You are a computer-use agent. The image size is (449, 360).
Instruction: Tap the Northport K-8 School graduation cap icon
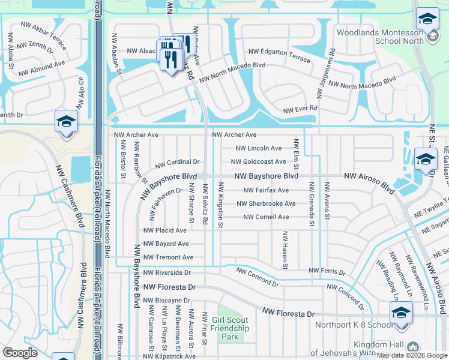(x=400, y=312)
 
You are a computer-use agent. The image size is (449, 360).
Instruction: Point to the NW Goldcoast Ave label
(x=258, y=162)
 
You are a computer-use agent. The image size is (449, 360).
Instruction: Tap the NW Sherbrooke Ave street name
(x=265, y=204)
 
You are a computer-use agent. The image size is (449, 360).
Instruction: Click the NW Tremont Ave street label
(x=168, y=257)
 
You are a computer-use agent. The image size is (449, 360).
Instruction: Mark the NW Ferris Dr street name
(x=327, y=272)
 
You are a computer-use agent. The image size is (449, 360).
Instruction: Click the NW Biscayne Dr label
(x=167, y=300)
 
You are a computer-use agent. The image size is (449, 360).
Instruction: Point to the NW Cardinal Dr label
(x=177, y=163)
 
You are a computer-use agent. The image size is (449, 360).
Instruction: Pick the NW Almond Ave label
(x=41, y=68)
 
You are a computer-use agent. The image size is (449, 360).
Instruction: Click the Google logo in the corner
(x=20, y=353)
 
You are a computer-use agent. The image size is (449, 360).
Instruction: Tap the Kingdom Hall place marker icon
(x=412, y=346)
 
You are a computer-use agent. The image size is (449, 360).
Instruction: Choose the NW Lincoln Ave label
(x=258, y=148)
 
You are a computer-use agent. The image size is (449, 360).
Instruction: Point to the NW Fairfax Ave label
(x=266, y=190)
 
